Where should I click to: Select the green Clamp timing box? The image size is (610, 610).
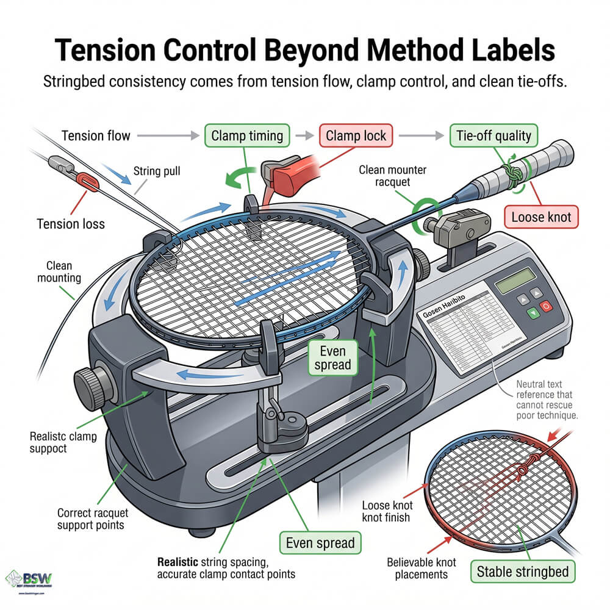[x=247, y=135]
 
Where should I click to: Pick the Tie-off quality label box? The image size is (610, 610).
[x=490, y=135]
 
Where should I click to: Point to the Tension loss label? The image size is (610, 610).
[x=71, y=223]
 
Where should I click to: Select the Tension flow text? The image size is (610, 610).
[x=96, y=135]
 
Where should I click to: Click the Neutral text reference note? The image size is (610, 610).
[x=545, y=400]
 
